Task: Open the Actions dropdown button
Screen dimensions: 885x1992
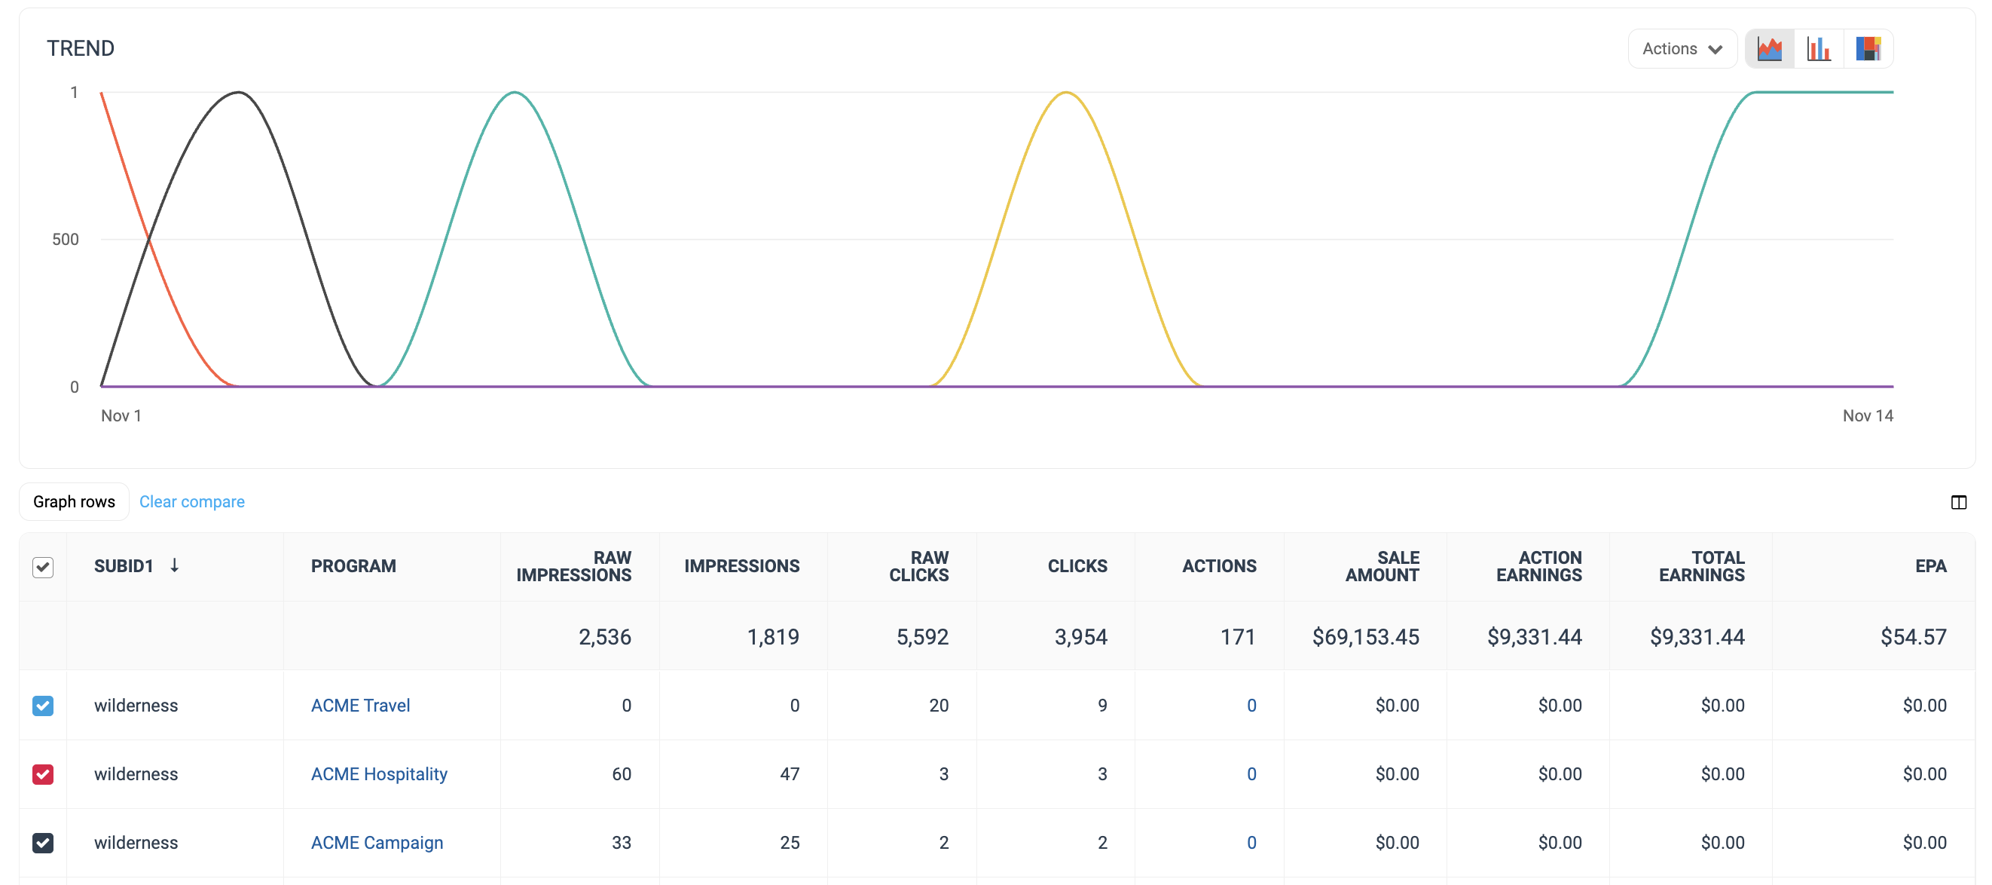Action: tap(1682, 49)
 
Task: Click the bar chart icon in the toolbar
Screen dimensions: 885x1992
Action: tap(1818, 49)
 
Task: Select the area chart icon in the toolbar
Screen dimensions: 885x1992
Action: tap(1769, 49)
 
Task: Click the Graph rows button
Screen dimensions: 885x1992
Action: tap(75, 501)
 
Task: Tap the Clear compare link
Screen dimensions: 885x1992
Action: tap(192, 501)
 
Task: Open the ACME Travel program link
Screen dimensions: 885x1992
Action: tap(360, 705)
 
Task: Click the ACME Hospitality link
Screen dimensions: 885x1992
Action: tap(379, 773)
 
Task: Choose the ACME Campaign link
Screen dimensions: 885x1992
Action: tap(377, 843)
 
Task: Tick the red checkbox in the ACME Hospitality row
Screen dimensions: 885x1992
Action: tap(43, 773)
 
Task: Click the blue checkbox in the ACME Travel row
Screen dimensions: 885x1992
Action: tap(43, 705)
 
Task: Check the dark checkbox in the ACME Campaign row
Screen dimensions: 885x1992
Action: tap(43, 843)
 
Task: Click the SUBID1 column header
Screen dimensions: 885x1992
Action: tap(124, 565)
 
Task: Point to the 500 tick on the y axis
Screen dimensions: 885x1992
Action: tap(66, 239)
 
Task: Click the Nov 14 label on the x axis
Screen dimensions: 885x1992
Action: tap(1867, 415)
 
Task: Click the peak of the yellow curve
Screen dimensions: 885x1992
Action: tap(1065, 93)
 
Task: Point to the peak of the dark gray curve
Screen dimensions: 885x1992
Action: tap(239, 93)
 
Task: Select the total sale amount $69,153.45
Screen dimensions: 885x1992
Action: tap(1365, 637)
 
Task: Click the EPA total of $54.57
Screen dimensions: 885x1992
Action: tap(1913, 637)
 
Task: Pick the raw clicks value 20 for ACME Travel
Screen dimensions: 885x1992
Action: tap(938, 705)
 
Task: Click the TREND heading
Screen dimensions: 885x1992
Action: tap(81, 48)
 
